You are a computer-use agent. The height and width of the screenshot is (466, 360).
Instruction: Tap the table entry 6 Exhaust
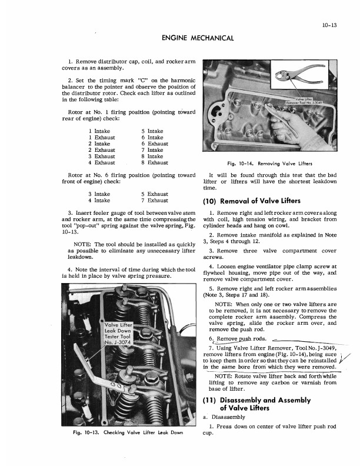(x=155, y=144)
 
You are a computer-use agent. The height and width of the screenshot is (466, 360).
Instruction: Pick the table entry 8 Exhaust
(x=155, y=162)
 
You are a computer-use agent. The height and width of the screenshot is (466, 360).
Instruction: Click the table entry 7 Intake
(x=152, y=150)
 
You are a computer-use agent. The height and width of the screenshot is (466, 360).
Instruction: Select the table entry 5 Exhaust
(x=155, y=194)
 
